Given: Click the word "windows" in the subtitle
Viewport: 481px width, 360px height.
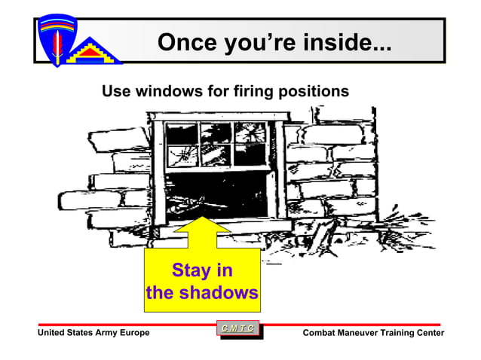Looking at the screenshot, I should pos(167,92).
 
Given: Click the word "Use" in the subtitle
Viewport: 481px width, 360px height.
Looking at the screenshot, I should pos(116,92).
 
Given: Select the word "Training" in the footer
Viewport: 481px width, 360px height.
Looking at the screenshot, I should pos(397,333).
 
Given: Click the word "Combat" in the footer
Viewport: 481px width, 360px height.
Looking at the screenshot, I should pos(320,333).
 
